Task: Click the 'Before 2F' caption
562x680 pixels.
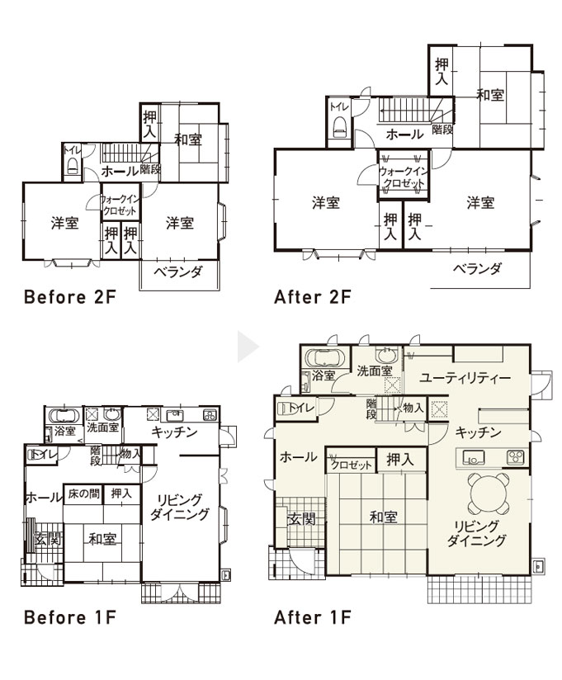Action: click(70, 297)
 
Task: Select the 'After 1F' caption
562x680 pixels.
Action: click(312, 617)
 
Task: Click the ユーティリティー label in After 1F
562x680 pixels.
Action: click(465, 378)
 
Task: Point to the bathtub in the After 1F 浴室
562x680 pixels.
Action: click(325, 358)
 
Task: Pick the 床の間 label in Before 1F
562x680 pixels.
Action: click(84, 493)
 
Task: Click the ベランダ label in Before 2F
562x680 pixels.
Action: click(177, 272)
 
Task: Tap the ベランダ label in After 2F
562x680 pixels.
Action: click(477, 268)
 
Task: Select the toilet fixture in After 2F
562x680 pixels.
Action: click(339, 127)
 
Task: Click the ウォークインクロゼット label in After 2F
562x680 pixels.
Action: click(404, 177)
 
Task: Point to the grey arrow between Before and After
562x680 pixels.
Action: click(248, 347)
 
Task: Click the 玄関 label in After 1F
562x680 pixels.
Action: click(302, 519)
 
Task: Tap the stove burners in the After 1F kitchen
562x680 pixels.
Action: click(516, 457)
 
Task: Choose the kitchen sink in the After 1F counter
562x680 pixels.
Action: click(474, 457)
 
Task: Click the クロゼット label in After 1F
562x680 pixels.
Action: click(352, 465)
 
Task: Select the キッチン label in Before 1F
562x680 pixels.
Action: click(174, 432)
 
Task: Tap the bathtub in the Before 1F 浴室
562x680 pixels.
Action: click(64, 415)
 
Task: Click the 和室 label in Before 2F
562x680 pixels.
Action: click(188, 139)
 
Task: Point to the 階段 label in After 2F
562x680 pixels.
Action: click(442, 130)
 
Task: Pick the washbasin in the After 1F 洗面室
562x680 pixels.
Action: click(386, 355)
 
